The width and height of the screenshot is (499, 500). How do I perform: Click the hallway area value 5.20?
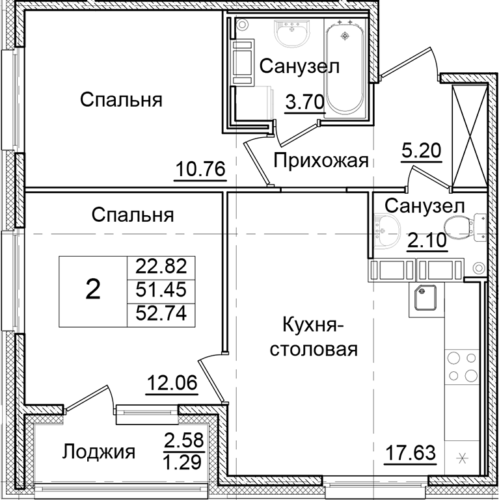coord(423,151)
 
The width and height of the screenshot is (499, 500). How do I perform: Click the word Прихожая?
coord(321,160)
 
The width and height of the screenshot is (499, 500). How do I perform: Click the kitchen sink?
coord(427,298)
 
